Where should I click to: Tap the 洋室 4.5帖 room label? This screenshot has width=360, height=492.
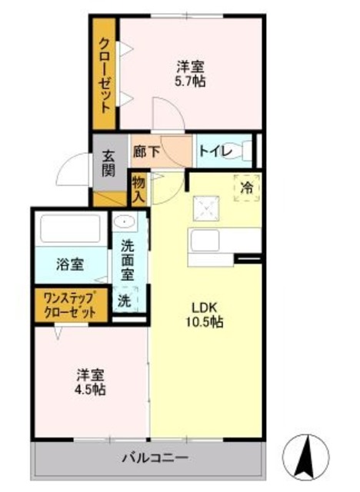click(x=90, y=382)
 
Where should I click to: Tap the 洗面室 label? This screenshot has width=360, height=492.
click(x=127, y=260)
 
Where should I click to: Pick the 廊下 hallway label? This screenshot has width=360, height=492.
click(x=145, y=151)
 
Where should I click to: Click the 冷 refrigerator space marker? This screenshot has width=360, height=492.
click(x=246, y=186)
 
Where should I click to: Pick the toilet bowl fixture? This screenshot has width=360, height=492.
click(x=247, y=151)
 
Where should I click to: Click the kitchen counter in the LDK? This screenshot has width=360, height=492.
click(x=223, y=245)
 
